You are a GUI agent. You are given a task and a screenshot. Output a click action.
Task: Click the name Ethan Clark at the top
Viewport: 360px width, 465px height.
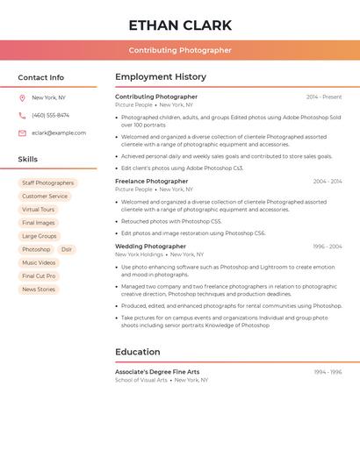180,25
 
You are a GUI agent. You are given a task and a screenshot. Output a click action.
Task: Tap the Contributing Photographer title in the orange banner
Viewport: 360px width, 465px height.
180,50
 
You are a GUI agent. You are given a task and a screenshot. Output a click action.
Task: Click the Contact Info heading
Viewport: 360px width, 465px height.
41,77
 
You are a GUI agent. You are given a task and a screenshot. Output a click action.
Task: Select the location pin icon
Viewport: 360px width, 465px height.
22,98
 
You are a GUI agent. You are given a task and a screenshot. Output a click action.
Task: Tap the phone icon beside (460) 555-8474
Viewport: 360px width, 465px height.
22,116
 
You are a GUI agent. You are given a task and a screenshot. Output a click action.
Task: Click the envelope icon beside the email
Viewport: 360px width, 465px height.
22,133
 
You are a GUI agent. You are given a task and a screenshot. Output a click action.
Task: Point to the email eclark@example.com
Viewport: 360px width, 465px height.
59,133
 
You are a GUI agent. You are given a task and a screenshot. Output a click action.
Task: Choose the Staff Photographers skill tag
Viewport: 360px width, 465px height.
48,183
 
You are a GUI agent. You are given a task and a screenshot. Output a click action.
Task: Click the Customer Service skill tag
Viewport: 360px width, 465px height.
45,197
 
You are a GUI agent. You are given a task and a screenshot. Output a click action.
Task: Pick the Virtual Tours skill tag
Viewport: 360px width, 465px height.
39,210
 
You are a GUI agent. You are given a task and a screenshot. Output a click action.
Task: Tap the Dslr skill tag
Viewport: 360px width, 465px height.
67,250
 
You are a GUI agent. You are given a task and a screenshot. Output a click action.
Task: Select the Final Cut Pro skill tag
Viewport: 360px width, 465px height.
39,276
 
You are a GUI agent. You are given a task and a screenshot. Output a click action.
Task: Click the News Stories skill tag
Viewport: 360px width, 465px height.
39,290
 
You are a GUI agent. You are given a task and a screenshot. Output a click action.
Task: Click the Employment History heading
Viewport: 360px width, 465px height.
161,77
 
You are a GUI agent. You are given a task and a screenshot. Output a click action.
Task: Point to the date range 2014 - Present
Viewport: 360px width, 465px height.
324,97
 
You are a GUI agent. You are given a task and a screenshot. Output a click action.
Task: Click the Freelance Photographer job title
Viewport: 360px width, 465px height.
151,182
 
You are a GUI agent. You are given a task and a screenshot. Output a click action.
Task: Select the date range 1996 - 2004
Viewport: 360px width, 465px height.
328,247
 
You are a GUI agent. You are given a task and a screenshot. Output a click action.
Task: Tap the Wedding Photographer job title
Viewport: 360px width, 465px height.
150,247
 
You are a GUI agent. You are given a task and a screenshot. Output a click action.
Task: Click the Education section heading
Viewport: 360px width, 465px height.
138,352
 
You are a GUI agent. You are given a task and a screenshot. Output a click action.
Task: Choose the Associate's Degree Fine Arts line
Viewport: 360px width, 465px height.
157,372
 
